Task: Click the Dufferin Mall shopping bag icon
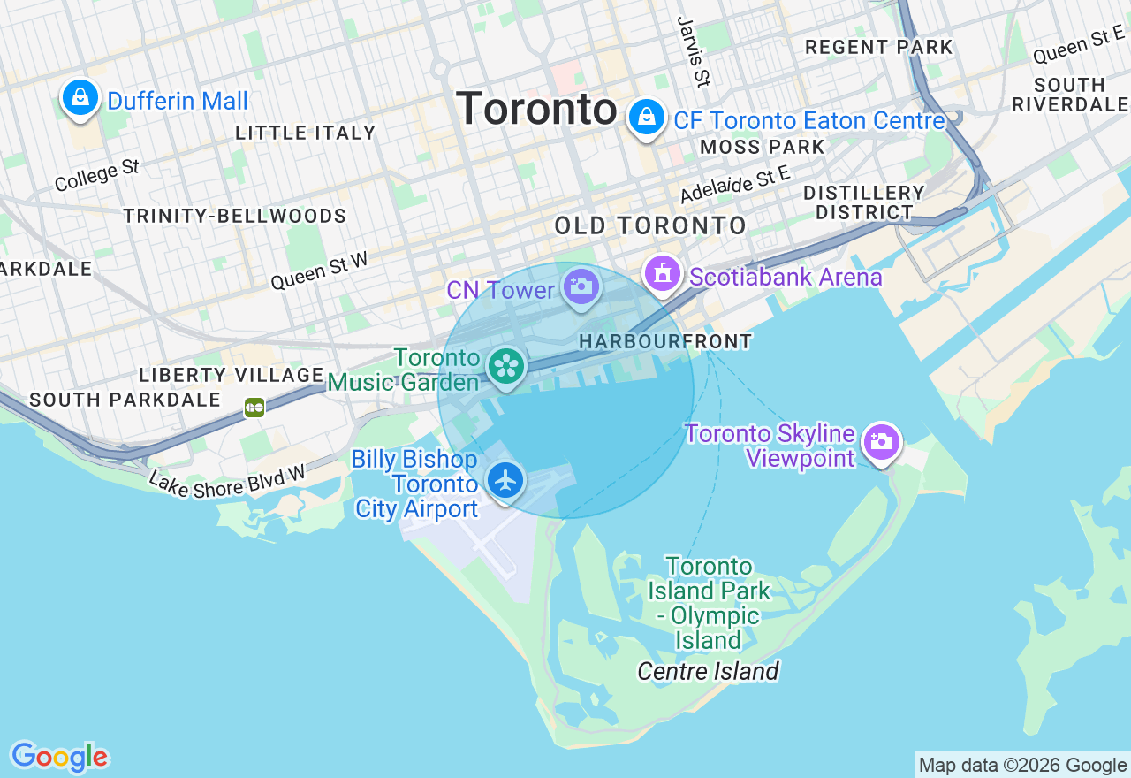click(80, 98)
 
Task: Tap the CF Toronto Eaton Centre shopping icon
click(647, 117)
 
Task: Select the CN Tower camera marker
click(581, 286)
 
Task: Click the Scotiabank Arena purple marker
click(663, 274)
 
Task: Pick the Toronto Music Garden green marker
click(506, 366)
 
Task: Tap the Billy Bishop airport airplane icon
click(505, 480)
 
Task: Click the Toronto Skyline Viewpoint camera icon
click(881, 442)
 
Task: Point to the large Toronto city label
click(537, 111)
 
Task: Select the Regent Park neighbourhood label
click(879, 48)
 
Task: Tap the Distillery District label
click(864, 202)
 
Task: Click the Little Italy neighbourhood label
click(306, 133)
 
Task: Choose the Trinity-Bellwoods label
click(234, 217)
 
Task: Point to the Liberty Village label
click(232, 375)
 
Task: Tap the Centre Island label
click(709, 672)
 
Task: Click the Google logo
click(59, 757)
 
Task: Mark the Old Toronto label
click(650, 225)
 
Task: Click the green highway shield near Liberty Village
click(254, 408)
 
